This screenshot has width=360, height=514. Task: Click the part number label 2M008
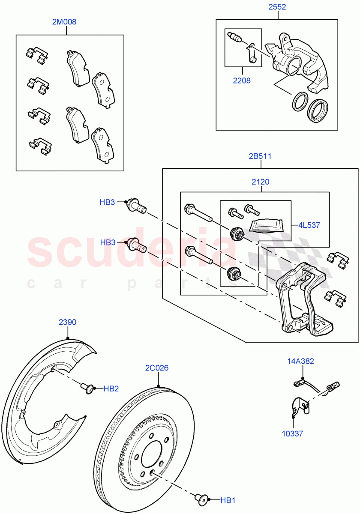coord(64,21)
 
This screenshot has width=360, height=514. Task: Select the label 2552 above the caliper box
coord(277,7)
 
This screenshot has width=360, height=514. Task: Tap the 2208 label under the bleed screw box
coord(242,80)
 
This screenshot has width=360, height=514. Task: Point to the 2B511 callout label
coord(260,156)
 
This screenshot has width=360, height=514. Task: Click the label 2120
coord(260,182)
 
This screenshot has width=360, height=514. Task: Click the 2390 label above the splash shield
coord(67,322)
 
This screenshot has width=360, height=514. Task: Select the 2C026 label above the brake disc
coord(157,368)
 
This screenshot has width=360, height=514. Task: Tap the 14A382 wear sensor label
coord(300,361)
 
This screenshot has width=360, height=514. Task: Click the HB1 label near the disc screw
coord(228,500)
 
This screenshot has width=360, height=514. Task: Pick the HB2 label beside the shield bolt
coord(111,388)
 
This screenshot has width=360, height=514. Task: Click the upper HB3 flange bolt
coord(136,206)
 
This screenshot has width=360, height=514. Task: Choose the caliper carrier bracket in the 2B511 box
coord(300,302)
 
